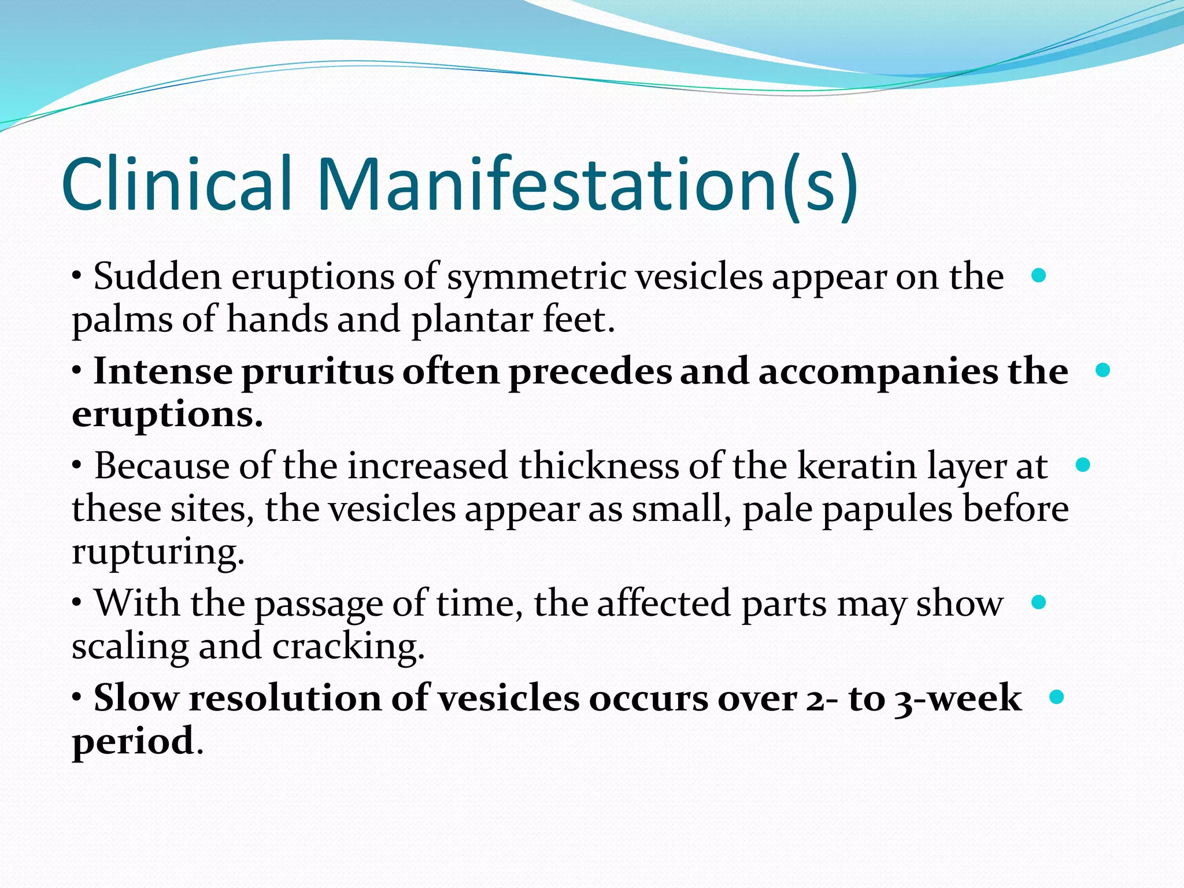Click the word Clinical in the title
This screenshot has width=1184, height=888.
click(176, 184)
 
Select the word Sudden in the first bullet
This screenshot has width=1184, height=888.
click(157, 277)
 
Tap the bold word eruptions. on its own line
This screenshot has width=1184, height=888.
click(168, 415)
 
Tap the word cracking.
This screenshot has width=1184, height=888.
click(349, 646)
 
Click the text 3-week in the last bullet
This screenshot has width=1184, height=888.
click(957, 698)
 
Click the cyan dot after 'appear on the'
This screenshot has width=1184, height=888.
click(1038, 276)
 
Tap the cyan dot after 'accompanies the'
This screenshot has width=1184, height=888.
click(1102, 371)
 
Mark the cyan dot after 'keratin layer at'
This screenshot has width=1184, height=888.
click(1083, 465)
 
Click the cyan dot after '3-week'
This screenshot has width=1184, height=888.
click(1056, 697)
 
